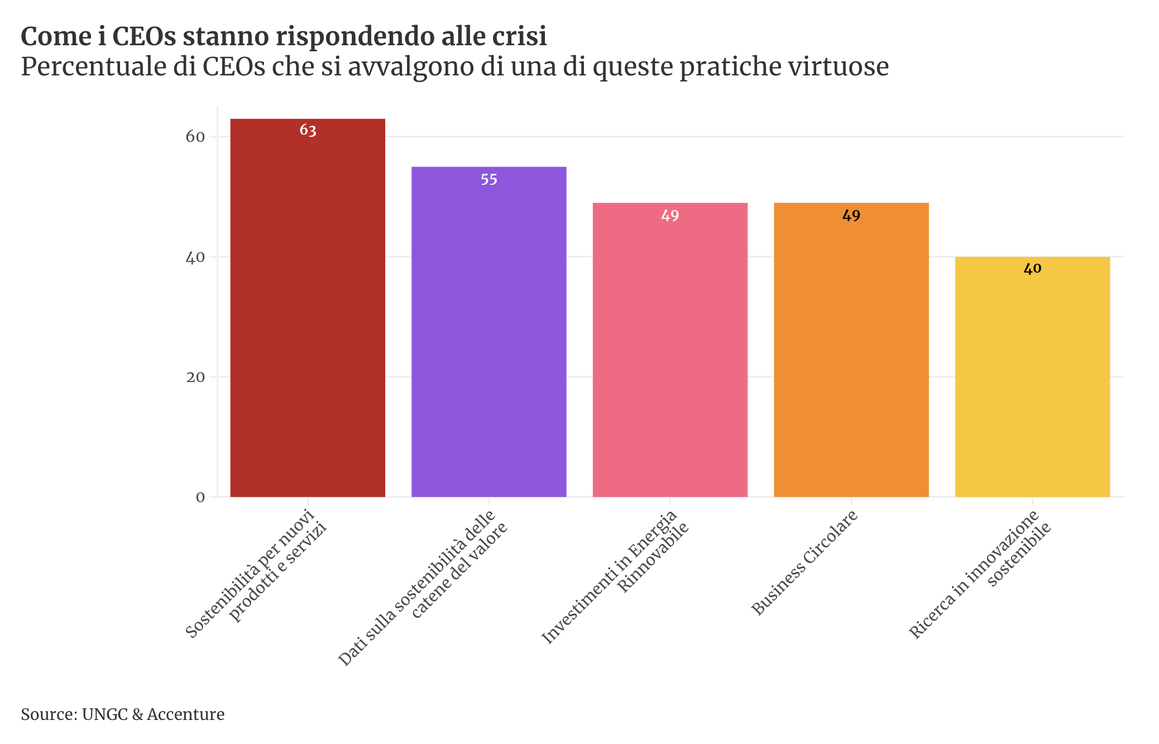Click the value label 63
click(x=308, y=131)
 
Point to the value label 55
click(x=489, y=180)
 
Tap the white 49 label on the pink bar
click(x=670, y=216)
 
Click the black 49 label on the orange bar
click(x=851, y=216)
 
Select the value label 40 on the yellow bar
click(x=1032, y=269)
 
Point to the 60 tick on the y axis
click(x=195, y=137)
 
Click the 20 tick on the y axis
click(x=195, y=377)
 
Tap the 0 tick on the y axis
click(x=200, y=497)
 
